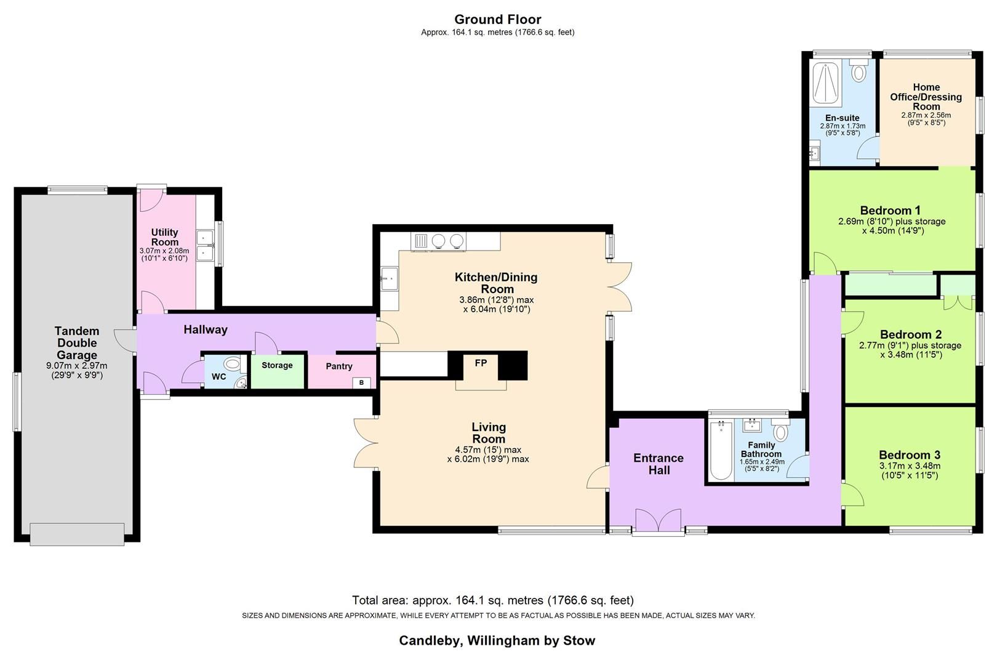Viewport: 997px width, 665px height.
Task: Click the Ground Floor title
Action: pyautogui.click(x=497, y=19)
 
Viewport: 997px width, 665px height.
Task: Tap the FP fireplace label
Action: pyautogui.click(x=481, y=363)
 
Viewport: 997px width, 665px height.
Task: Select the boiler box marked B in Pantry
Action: pyautogui.click(x=361, y=382)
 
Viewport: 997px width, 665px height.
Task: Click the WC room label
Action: pyautogui.click(x=218, y=376)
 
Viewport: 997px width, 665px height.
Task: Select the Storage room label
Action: pyautogui.click(x=277, y=365)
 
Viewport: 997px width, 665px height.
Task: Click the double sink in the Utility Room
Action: pyautogui.click(x=205, y=245)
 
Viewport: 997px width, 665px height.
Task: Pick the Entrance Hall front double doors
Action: pyautogui.click(x=658, y=521)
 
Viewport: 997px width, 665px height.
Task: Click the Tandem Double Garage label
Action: pyautogui.click(x=77, y=343)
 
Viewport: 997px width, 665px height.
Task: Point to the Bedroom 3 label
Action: pyautogui.click(x=909, y=455)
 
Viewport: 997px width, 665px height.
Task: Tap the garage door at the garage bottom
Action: pyautogui.click(x=77, y=534)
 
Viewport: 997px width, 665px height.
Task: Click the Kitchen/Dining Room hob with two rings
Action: pyautogui.click(x=448, y=241)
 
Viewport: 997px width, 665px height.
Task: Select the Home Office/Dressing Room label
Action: pyautogui.click(x=926, y=97)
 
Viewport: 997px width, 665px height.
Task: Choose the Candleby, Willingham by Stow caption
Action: pyautogui.click(x=497, y=640)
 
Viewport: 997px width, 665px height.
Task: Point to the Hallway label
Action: pyautogui.click(x=206, y=330)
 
